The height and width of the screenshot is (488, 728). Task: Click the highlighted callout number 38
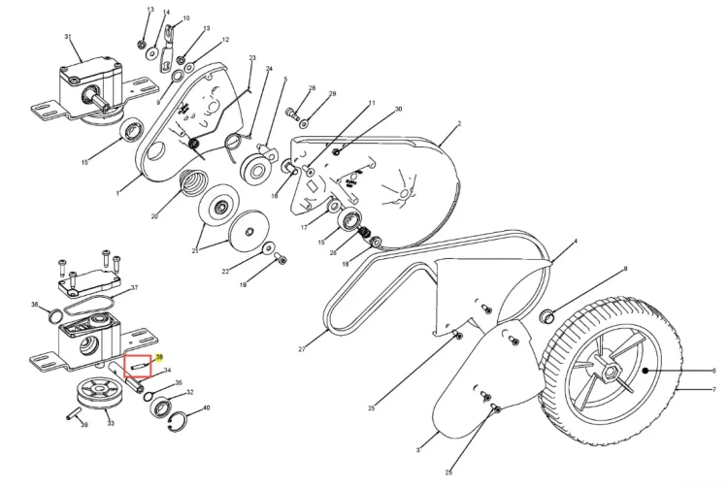(x=160, y=357)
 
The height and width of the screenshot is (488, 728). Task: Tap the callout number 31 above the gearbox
(x=68, y=37)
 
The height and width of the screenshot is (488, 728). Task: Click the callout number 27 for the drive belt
(x=302, y=349)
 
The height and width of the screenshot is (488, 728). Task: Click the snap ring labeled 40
(x=179, y=419)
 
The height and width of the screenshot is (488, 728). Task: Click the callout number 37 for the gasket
(x=135, y=287)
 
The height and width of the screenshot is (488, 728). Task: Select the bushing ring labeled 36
(x=55, y=315)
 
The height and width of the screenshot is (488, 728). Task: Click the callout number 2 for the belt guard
(x=459, y=124)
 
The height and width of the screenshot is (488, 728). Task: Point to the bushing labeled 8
(x=547, y=317)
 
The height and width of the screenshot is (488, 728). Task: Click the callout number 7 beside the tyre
(x=715, y=390)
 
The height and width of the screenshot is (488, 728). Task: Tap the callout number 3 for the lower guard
(x=418, y=450)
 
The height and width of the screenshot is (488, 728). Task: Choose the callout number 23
(x=252, y=58)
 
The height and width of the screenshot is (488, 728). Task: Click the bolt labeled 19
(x=281, y=258)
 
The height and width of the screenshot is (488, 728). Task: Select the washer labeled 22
(x=268, y=247)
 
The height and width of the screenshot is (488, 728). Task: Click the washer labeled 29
(x=304, y=123)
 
